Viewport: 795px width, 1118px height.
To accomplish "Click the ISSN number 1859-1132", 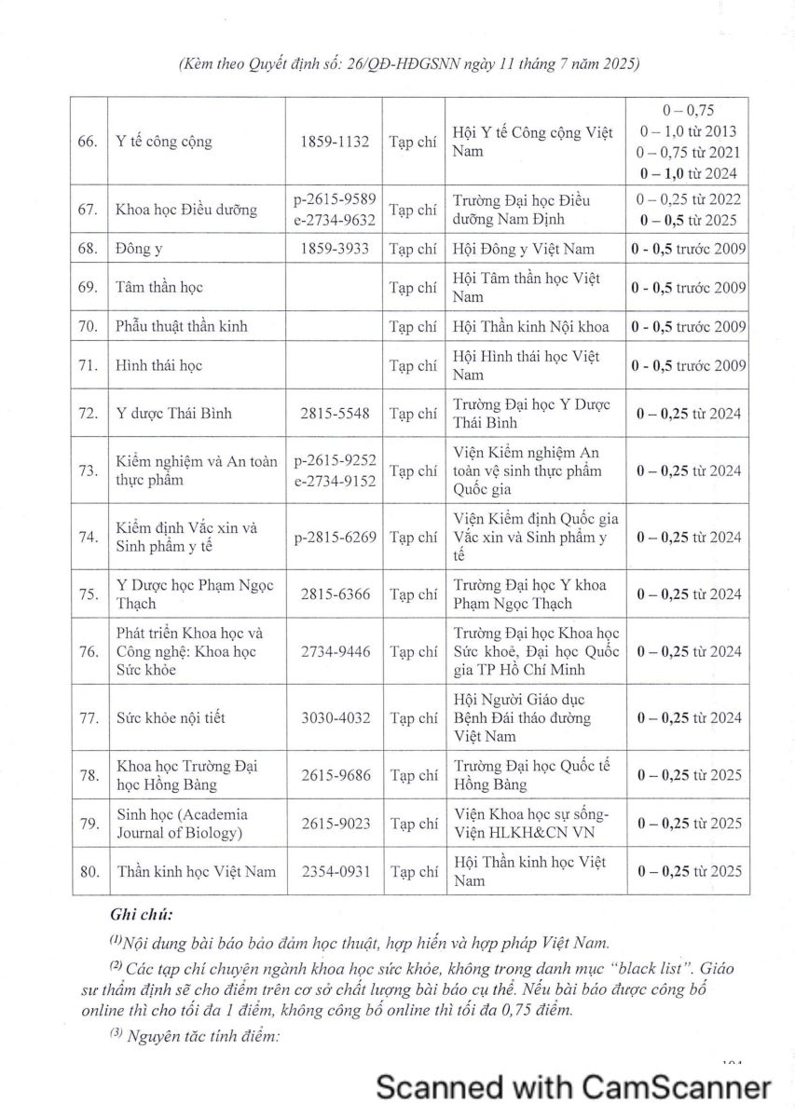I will pos(335,143).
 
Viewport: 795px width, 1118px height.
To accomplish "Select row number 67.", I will pos(89,210).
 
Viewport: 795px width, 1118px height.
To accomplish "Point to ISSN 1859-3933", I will pos(335,250).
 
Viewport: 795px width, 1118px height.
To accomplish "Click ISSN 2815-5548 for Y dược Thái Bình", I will pos(335,414).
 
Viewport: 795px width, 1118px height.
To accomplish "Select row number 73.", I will pos(89,471).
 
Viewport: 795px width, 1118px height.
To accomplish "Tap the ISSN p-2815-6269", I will pos(335,538).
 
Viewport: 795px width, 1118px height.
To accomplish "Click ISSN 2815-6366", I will pos(335,594).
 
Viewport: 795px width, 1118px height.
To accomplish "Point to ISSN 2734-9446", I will pos(335,652).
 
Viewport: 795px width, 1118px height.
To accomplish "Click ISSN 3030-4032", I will pos(335,718).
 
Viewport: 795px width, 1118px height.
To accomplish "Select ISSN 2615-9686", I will pos(335,775).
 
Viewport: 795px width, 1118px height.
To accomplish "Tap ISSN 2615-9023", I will pos(335,824).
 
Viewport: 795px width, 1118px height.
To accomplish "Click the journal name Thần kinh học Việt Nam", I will pos(196,872).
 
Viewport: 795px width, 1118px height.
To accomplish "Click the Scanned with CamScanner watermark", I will pos(573,1086).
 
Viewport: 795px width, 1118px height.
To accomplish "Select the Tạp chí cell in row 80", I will pos(413,872).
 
